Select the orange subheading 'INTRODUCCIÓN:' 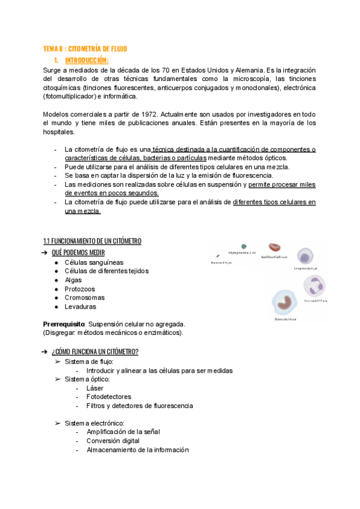click(x=86, y=60)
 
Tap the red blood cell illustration click(x=274, y=247)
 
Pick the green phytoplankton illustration click(x=244, y=247)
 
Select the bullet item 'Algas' click(x=73, y=280)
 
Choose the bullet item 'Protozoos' click(x=79, y=289)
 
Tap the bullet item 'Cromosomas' click(x=84, y=297)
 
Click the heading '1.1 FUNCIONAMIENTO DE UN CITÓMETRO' click(x=92, y=241)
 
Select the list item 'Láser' click(x=95, y=388)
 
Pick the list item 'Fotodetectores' click(x=109, y=397)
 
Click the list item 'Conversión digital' click(x=113, y=441)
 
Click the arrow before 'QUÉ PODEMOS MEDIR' click(x=45, y=253)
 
